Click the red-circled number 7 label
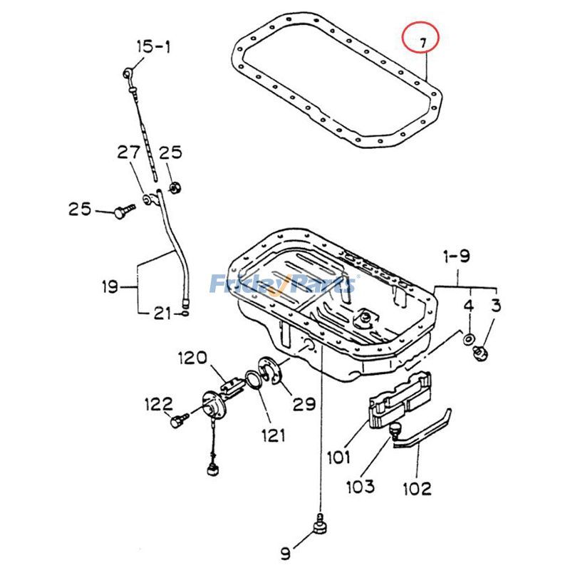click(x=422, y=41)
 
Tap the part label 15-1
click(x=153, y=48)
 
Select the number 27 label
click(x=129, y=152)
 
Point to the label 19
click(x=108, y=288)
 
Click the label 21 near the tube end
click(x=162, y=312)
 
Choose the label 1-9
click(x=456, y=255)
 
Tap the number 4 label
click(x=468, y=306)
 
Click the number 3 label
click(x=495, y=306)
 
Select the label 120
click(x=192, y=356)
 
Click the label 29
click(x=304, y=404)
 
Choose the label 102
click(x=416, y=489)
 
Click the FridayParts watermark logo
click(x=284, y=284)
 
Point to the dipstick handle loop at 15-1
click(x=128, y=71)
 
